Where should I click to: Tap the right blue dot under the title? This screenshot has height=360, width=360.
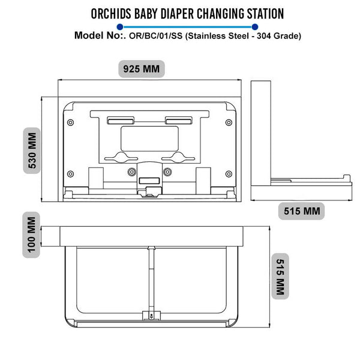255,26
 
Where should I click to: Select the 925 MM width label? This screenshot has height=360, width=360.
142,68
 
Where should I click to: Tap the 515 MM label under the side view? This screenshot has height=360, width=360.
301,211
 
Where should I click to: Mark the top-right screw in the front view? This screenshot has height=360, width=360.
228,122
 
